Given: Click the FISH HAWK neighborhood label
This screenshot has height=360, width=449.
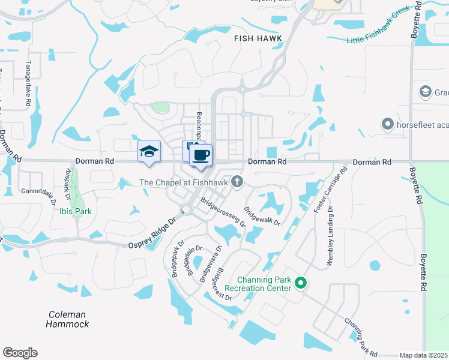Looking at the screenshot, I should (258, 38).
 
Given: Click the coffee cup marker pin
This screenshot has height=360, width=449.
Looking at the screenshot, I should (200, 156).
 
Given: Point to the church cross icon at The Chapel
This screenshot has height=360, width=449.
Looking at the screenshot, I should (238, 182).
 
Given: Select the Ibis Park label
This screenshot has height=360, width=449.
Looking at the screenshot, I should (75, 211).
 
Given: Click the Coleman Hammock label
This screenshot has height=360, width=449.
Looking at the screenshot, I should (67, 319).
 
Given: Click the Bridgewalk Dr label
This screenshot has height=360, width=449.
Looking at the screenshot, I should (262, 217).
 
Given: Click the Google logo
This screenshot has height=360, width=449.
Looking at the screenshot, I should (20, 353).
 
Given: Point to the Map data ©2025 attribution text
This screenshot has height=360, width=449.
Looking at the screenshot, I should (424, 355).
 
